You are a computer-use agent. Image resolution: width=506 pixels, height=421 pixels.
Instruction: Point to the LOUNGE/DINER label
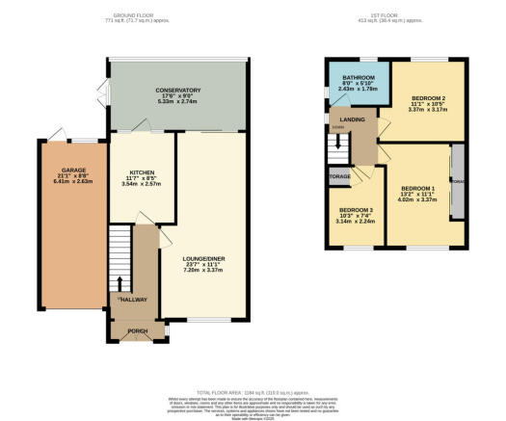(203, 258)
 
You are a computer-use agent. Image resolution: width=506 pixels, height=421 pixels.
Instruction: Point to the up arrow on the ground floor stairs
(120, 282)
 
